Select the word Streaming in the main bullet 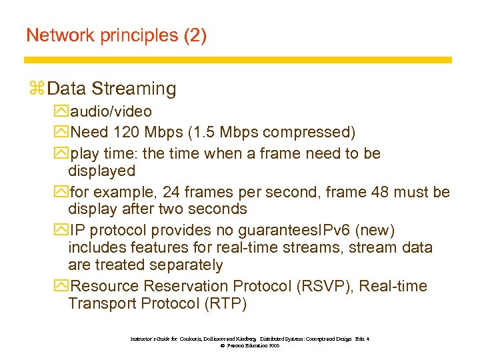click(134, 89)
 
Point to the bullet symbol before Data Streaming click(37, 89)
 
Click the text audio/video click(111, 111)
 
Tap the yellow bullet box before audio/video click(63, 112)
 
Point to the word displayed click(101, 171)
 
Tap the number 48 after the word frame click(366, 193)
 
